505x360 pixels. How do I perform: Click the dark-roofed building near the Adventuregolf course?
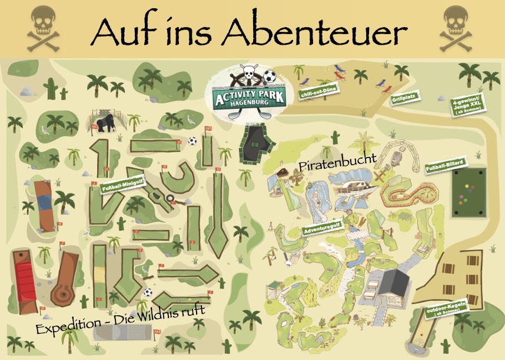point(391,284)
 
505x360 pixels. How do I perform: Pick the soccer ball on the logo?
point(269,76)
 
